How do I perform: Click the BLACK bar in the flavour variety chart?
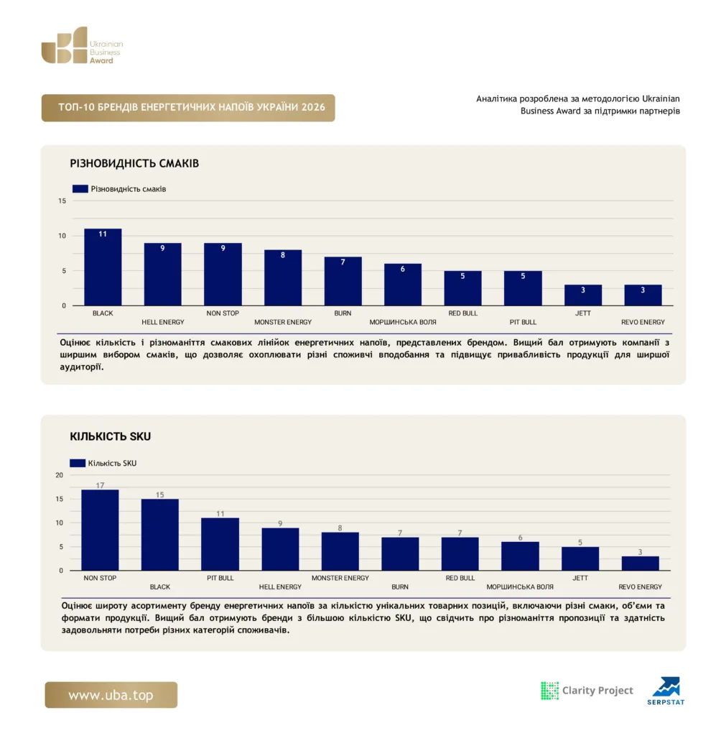[x=103, y=267]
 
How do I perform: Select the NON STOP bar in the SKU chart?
[x=100, y=530]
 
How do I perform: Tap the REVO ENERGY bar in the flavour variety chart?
[x=643, y=295]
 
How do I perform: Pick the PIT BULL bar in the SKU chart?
[x=220, y=544]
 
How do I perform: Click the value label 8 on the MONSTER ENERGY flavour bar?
[x=283, y=255]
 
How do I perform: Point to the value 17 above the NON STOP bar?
[x=100, y=485]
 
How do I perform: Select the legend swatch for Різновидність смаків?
[x=80, y=189]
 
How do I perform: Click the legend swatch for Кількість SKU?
[x=78, y=463]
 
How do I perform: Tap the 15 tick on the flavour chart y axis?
[x=62, y=201]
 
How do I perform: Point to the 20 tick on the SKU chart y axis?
[x=59, y=475]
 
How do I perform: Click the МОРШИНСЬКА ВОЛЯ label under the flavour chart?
[x=402, y=322]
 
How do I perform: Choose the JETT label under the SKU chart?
[x=580, y=578]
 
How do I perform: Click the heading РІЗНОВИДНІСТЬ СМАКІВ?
[x=134, y=163]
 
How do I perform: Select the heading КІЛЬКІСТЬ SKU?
[x=111, y=436]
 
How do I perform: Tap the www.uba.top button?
[x=111, y=695]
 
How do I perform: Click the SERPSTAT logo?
[x=666, y=691]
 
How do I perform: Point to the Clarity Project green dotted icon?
[x=550, y=691]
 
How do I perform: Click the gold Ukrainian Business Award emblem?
[x=65, y=45]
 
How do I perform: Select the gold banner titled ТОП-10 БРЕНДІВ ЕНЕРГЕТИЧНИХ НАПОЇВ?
[x=188, y=108]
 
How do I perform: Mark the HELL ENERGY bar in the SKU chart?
[x=280, y=549]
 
